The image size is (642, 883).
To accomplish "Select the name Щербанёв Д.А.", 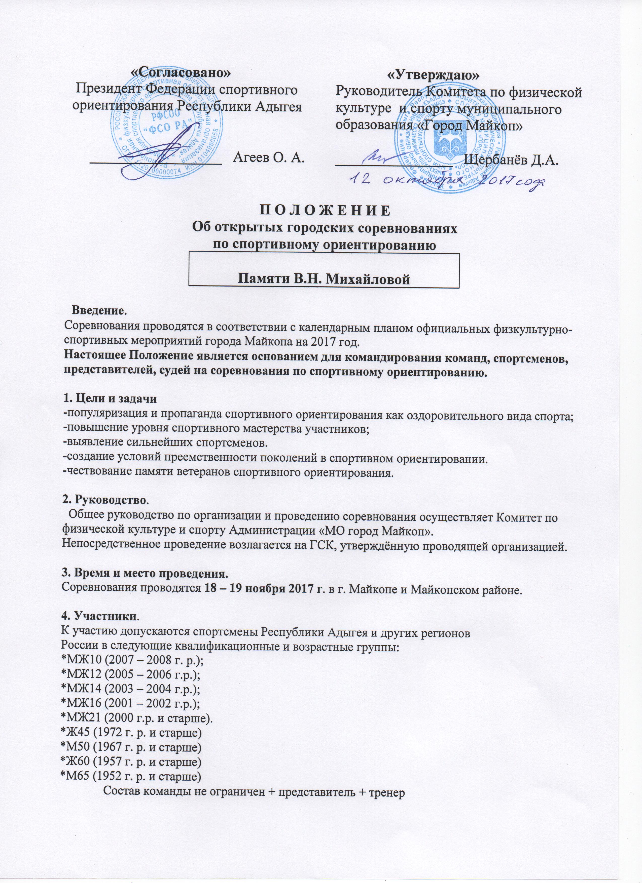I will click(512, 160).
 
